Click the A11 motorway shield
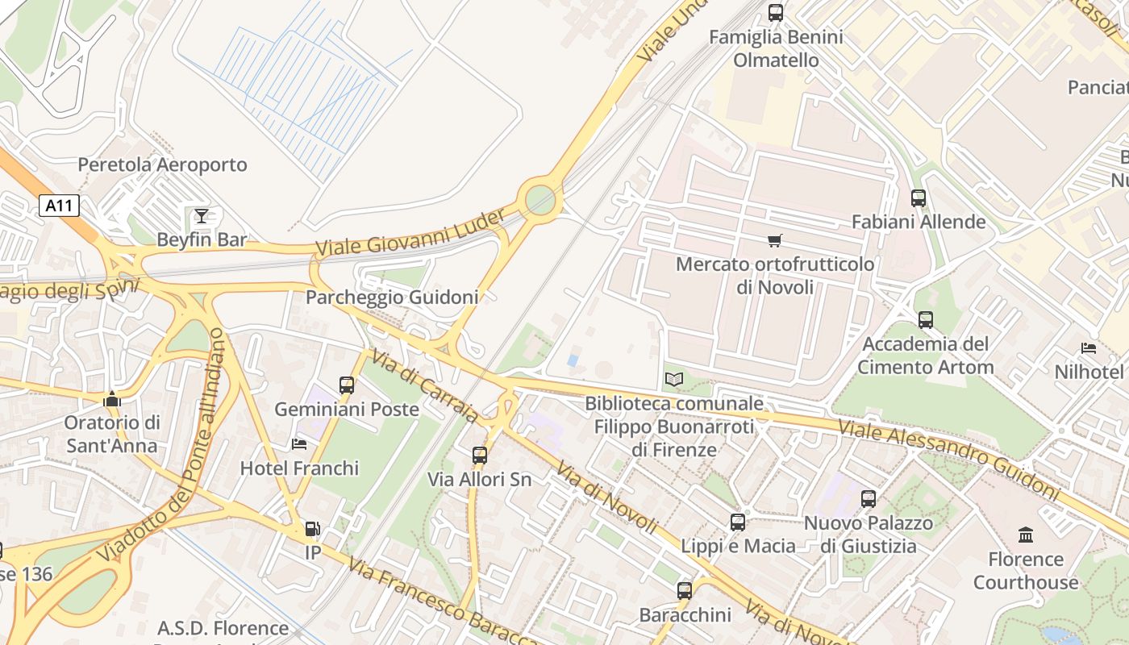59,206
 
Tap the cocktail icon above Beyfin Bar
202,215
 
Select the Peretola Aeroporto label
162,164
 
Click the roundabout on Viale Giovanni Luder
540,198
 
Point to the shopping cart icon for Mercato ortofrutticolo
775,240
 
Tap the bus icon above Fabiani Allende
918,198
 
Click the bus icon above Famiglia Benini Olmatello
776,13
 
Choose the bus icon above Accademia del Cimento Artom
926,320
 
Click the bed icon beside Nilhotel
1089,348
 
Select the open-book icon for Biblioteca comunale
674,379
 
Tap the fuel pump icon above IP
312,529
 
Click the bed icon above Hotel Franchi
299,444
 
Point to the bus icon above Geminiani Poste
347,385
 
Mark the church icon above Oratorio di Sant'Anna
112,399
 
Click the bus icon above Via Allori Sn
480,456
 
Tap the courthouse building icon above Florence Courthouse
1026,535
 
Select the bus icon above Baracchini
685,591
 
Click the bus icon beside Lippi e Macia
738,522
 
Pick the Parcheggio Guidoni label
392,297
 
